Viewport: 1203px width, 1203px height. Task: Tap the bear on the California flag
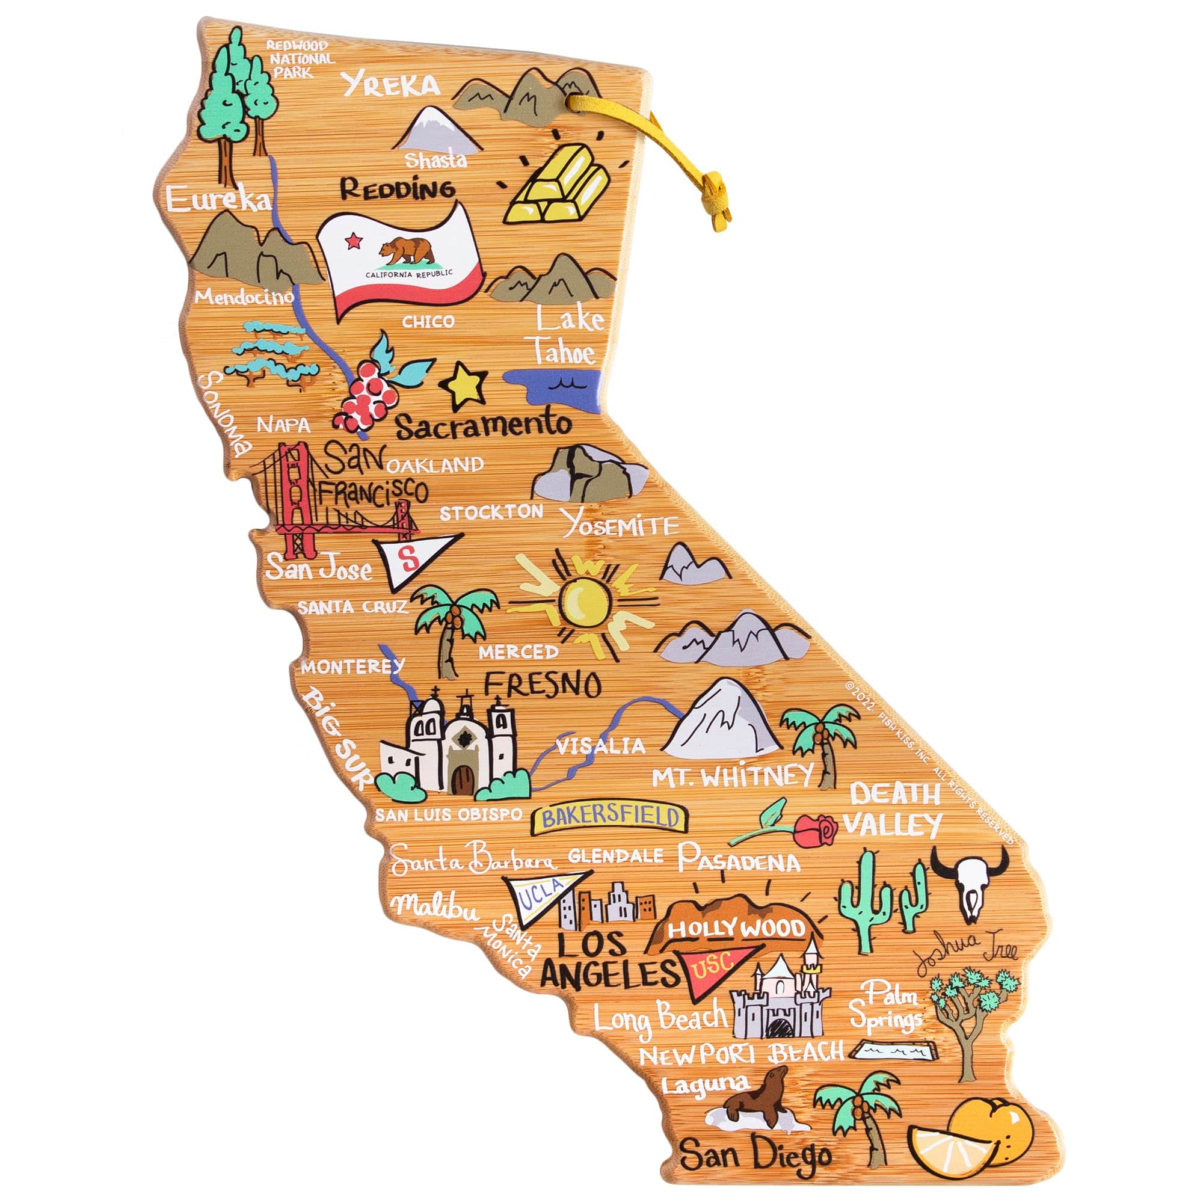click(408, 250)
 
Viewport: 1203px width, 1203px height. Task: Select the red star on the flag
click(354, 239)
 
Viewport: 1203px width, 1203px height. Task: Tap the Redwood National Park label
click(300, 59)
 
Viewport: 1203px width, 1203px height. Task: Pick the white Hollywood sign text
click(737, 930)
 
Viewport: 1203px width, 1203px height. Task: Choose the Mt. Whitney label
click(732, 777)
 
